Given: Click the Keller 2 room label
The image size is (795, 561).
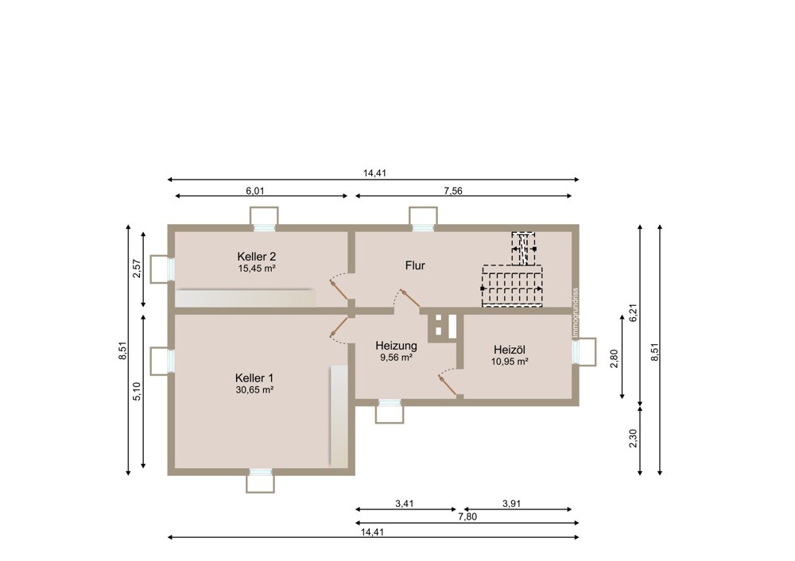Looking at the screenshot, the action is pos(257,257).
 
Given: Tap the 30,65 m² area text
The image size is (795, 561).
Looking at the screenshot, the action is pos(254,389).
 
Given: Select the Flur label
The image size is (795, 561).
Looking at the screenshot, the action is pos(415,265).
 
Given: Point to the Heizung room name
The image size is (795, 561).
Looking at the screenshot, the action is pos(396,346).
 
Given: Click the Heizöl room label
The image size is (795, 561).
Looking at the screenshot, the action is pos(510,350).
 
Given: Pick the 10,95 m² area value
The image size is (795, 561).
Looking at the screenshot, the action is pos(510,362).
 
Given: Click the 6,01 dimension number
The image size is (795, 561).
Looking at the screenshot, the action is pos(255,191).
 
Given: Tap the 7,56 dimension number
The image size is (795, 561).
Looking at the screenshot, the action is pos(453,191).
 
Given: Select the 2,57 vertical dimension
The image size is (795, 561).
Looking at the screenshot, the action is pos(136,269).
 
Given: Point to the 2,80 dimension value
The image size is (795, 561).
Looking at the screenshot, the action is pos(615,359).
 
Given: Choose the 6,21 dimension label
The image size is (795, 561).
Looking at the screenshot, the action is pos(632,312).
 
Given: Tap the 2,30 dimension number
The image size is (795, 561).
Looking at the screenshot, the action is pos(632,439).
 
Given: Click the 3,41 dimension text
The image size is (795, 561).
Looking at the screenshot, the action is pos(405,504).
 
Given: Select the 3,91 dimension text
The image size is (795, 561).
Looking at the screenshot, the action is pos(511,504).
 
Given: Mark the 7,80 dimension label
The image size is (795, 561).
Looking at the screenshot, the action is pos(467,517).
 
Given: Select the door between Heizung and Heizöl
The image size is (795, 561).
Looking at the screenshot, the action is pos(449,383).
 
